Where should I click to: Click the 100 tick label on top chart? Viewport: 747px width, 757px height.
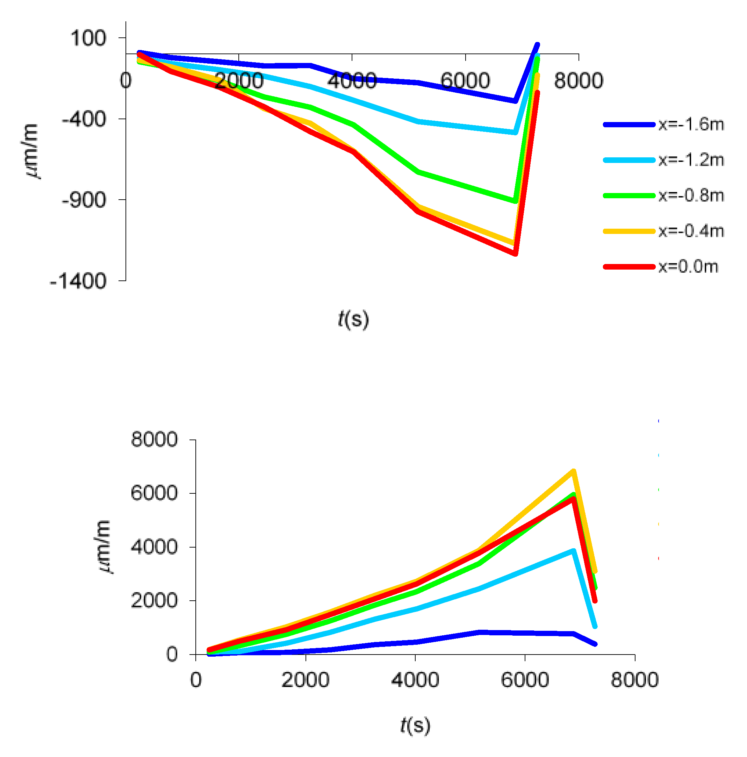(88, 38)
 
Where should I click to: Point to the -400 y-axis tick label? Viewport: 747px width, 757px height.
(84, 119)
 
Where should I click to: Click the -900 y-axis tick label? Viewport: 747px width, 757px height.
(84, 200)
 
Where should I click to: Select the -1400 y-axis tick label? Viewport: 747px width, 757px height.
(78, 281)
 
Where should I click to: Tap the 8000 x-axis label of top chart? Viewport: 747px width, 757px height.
(578, 81)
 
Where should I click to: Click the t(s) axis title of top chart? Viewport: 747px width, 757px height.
(353, 319)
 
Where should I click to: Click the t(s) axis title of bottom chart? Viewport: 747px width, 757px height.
(415, 725)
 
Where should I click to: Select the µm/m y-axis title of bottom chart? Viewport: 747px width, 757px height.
(104, 547)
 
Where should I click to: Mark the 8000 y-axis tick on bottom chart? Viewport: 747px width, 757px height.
(154, 439)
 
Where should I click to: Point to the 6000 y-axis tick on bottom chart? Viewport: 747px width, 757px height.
(154, 493)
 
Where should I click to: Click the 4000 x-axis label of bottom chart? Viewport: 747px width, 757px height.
(415, 679)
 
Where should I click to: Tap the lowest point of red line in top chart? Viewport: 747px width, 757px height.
(516, 254)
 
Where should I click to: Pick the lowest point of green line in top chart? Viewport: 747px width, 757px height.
(515, 201)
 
